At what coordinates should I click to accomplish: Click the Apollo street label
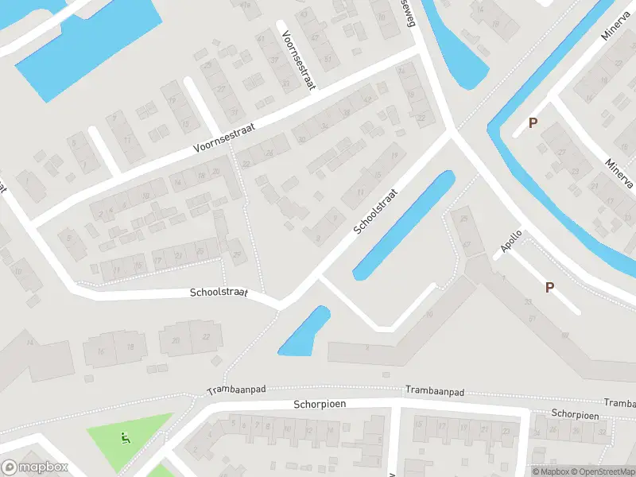pos(511,242)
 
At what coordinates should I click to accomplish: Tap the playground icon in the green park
pos(125,436)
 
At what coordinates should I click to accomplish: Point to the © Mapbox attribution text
pos(550,471)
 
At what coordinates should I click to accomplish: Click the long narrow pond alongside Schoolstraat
pos(403,225)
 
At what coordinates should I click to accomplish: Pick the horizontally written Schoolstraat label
pos(219,293)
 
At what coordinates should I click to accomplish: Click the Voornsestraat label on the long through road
pos(223,140)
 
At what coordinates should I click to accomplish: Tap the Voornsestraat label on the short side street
pos(297,55)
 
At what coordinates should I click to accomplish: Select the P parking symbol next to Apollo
pos(549,288)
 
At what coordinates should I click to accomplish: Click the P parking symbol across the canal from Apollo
pos(533,123)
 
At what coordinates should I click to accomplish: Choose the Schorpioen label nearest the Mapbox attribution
pos(575,415)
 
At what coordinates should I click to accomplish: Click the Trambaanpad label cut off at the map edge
pos(619,404)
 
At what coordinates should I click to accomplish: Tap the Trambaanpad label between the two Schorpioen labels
pos(434,391)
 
